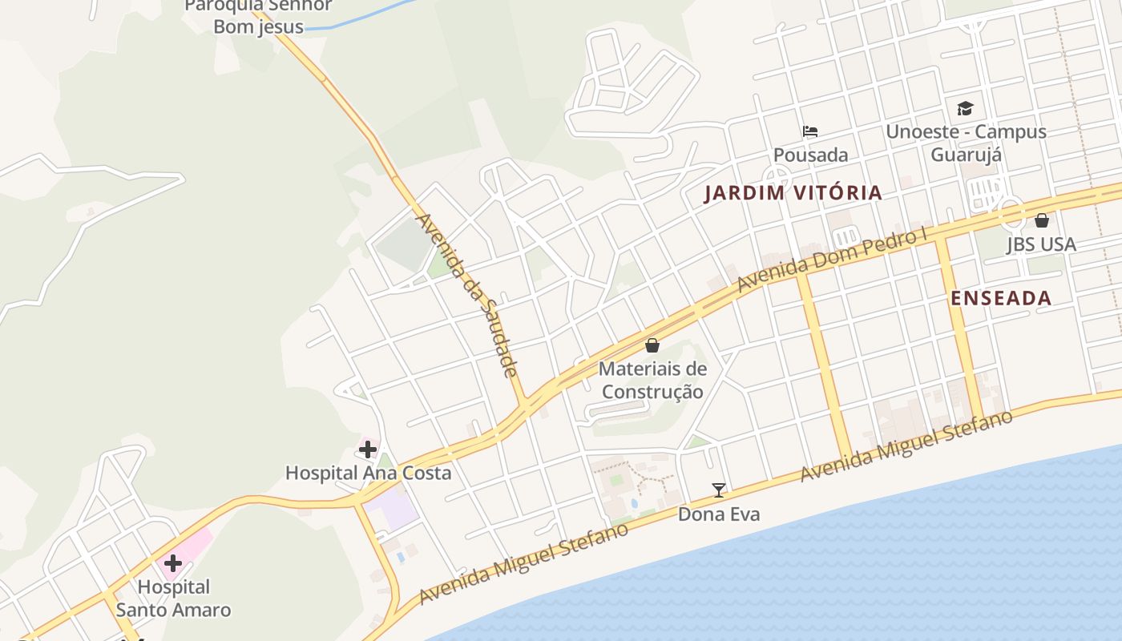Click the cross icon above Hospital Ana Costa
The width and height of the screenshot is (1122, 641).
coord(368,450)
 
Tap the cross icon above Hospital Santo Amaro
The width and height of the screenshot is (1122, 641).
coord(173,563)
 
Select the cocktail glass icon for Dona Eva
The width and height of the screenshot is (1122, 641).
coord(719,490)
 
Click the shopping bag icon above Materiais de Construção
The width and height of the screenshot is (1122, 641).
coord(652,345)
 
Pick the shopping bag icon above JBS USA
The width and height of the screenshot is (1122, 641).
coord(1042,220)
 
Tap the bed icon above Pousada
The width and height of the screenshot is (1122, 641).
coord(810,131)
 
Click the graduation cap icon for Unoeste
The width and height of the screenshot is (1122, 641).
coord(966,108)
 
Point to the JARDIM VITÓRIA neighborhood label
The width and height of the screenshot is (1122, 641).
coord(793,193)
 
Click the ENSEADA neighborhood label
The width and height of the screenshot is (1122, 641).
coord(1001,299)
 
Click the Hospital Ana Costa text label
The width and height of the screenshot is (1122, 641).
coord(368,473)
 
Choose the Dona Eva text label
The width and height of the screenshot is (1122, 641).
coord(719,514)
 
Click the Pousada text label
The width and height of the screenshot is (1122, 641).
coord(810,155)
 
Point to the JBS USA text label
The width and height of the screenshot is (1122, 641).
coord(1042,244)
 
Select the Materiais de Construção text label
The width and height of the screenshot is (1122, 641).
coord(652,381)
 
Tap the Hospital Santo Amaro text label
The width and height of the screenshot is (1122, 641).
coord(173,599)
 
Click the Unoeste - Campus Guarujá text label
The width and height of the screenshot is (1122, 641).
coord(966,143)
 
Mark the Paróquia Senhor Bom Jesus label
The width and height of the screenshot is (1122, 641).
coord(258,16)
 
